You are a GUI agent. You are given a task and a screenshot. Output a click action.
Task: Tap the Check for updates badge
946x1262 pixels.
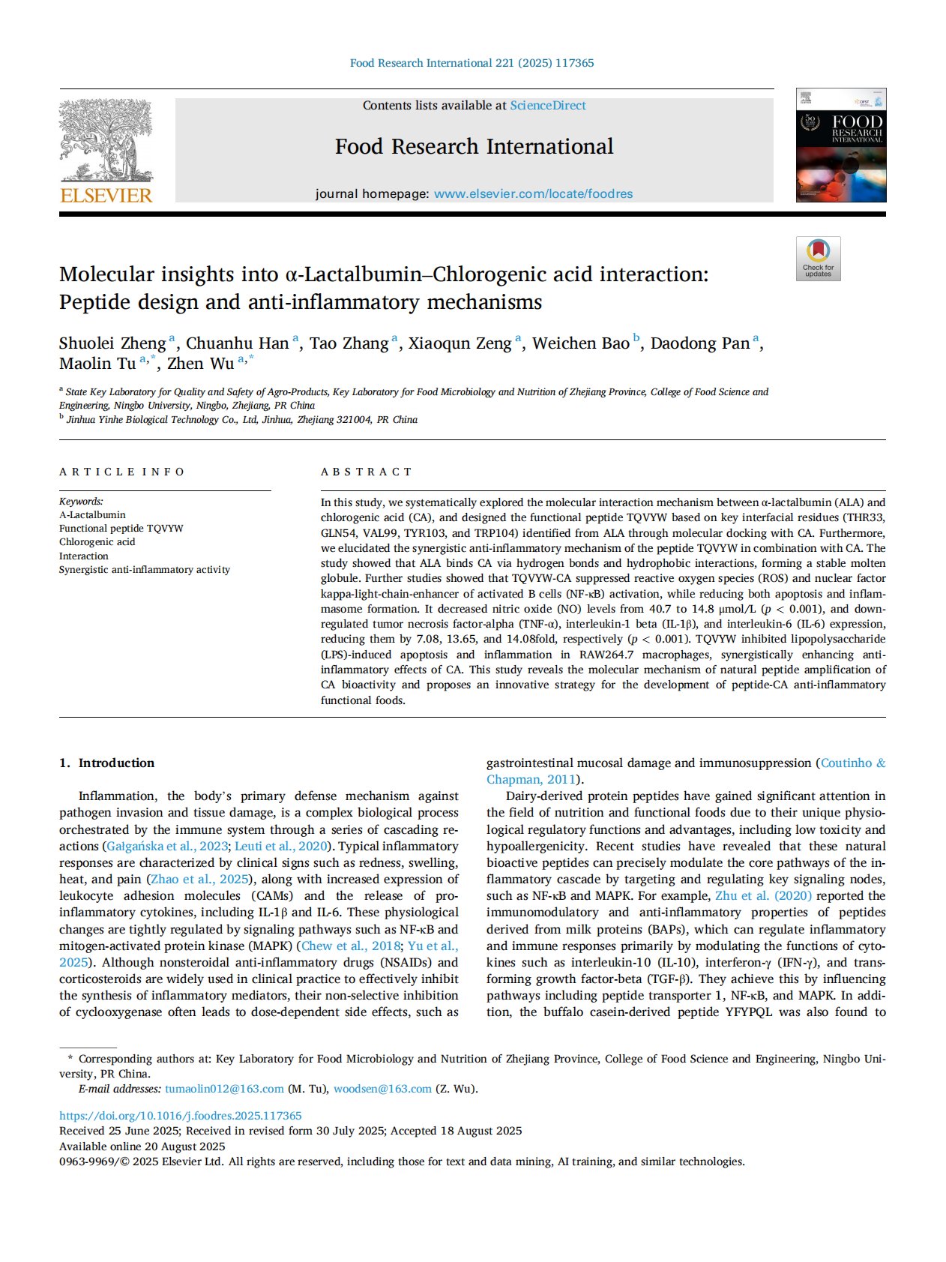point(818,259)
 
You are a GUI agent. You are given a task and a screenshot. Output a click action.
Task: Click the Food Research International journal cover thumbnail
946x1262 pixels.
point(840,145)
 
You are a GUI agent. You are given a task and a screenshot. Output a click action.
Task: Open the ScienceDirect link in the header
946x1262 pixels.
point(548,106)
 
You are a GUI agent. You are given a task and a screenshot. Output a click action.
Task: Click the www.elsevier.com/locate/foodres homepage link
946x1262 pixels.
point(533,194)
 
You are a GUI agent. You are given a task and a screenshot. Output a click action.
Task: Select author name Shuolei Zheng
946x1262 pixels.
point(112,343)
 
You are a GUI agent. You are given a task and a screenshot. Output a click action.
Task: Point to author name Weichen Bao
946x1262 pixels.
point(580,343)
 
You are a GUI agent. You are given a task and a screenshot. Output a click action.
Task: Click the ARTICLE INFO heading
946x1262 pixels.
point(122,472)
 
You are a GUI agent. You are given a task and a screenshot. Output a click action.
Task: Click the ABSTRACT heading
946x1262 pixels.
point(367,472)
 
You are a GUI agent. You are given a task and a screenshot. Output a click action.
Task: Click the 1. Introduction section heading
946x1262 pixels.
point(107,763)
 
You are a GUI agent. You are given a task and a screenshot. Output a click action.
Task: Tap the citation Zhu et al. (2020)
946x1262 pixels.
point(763,896)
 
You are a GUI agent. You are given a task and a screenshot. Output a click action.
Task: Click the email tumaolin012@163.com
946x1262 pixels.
point(224,1089)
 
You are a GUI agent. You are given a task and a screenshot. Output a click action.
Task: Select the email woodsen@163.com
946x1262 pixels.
point(382,1089)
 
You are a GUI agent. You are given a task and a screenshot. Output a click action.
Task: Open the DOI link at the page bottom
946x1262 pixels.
point(181,1116)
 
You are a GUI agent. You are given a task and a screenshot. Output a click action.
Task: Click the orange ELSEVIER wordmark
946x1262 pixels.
point(106,196)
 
